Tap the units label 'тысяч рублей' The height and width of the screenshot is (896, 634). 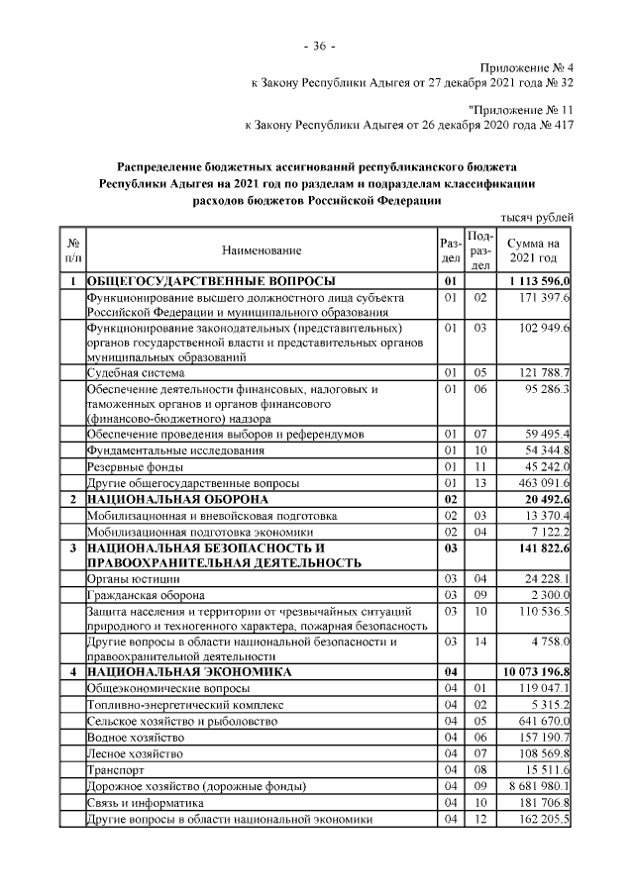tap(536, 218)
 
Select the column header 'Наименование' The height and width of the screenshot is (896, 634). tap(262, 251)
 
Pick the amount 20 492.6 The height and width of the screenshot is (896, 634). tap(545, 499)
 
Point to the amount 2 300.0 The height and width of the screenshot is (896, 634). tap(548, 595)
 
